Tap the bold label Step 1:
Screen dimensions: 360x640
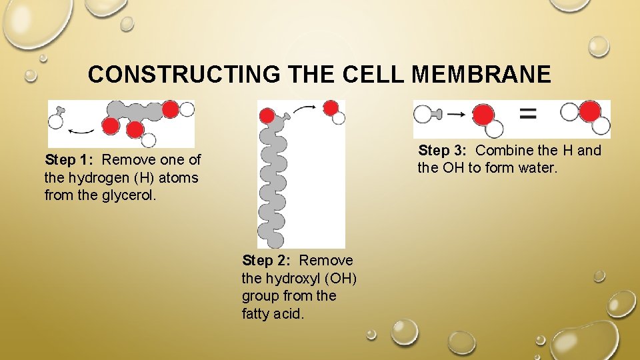71,160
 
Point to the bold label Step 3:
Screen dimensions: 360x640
444,151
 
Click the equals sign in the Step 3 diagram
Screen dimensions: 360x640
527,114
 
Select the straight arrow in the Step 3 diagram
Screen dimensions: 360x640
457,114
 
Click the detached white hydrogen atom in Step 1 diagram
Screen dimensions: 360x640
56,121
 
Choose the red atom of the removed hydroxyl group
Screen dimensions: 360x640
330,107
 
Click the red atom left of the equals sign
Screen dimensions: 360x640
483,114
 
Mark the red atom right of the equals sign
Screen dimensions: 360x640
589,111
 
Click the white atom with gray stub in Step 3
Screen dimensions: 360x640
423,114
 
